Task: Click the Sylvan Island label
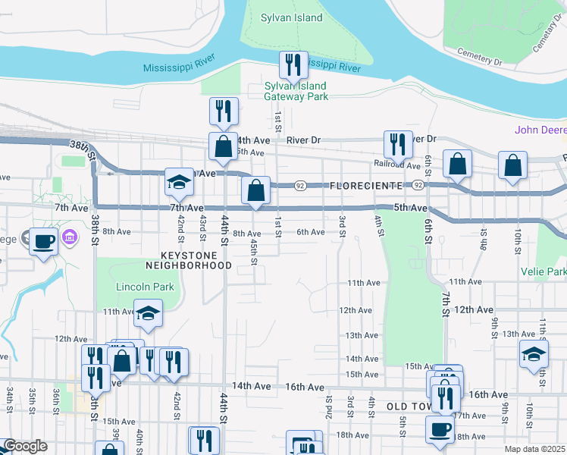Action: click(292, 17)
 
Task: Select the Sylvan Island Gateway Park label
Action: click(296, 92)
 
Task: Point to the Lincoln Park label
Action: click(145, 287)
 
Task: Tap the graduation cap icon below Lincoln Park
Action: click(148, 314)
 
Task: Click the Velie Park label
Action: click(544, 271)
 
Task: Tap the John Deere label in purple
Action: click(540, 130)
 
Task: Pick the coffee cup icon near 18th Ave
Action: click(440, 429)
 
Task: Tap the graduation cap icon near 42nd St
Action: click(180, 183)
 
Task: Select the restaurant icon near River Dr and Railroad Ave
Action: click(398, 144)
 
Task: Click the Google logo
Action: click(25, 447)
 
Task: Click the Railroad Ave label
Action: click(397, 164)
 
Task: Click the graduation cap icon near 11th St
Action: click(534, 354)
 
